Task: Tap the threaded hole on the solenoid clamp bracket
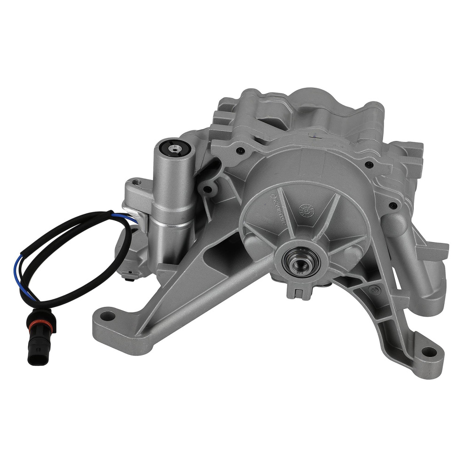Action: (136, 181)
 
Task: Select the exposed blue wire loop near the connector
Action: (21, 277)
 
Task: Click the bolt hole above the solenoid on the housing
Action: (241, 150)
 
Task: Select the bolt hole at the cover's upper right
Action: (369, 164)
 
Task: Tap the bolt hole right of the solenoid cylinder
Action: (205, 189)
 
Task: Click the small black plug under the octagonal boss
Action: (128, 278)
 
